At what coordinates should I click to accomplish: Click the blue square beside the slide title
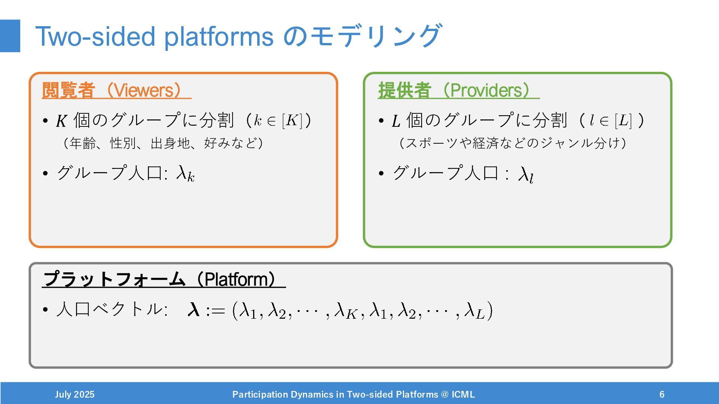pos(10,36)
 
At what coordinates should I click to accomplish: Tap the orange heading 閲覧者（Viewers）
pos(116,91)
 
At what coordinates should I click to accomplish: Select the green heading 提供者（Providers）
pos(458,91)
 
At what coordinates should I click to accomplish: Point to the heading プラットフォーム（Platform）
pos(163,279)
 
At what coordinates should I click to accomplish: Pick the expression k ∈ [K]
pos(278,120)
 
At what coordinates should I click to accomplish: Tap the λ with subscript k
pos(185,173)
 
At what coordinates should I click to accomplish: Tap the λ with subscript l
pos(525,174)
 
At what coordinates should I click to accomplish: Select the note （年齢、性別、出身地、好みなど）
pos(163,143)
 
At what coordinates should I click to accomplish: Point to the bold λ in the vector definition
pos(194,310)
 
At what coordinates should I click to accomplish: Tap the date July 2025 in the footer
pos(75,394)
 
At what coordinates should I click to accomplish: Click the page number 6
pos(662,394)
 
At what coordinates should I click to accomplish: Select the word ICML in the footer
pos(463,394)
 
